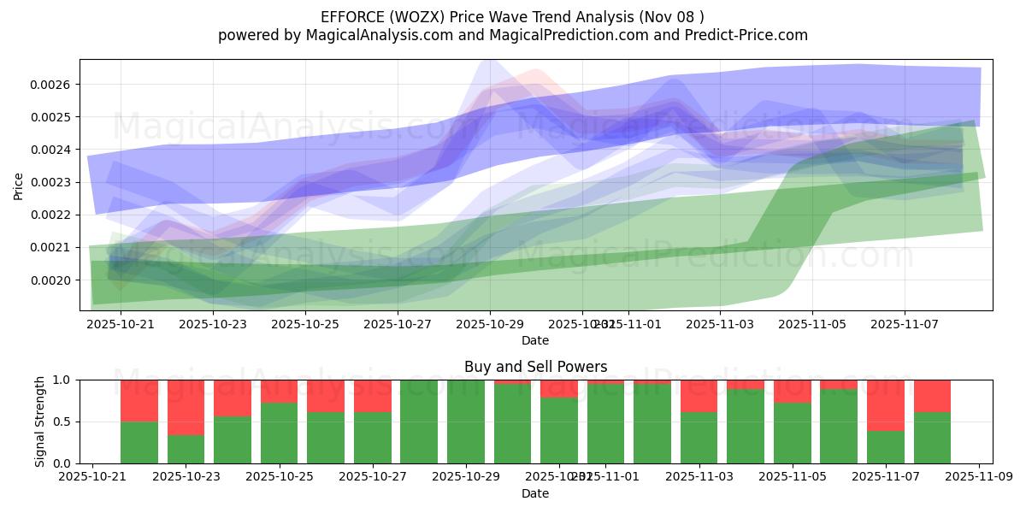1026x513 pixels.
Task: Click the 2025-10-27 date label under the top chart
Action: tap(398, 325)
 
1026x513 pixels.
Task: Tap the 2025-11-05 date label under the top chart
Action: tap(812, 325)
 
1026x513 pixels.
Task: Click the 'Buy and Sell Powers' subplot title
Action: tap(535, 367)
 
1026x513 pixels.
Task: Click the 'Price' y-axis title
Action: tap(19, 185)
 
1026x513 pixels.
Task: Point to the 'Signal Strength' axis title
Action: tap(40, 421)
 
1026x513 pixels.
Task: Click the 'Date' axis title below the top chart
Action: tap(535, 340)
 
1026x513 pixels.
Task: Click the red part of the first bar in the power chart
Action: tap(139, 400)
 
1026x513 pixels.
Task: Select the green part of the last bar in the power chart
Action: tap(932, 438)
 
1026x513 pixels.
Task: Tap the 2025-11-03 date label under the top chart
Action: tap(720, 325)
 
